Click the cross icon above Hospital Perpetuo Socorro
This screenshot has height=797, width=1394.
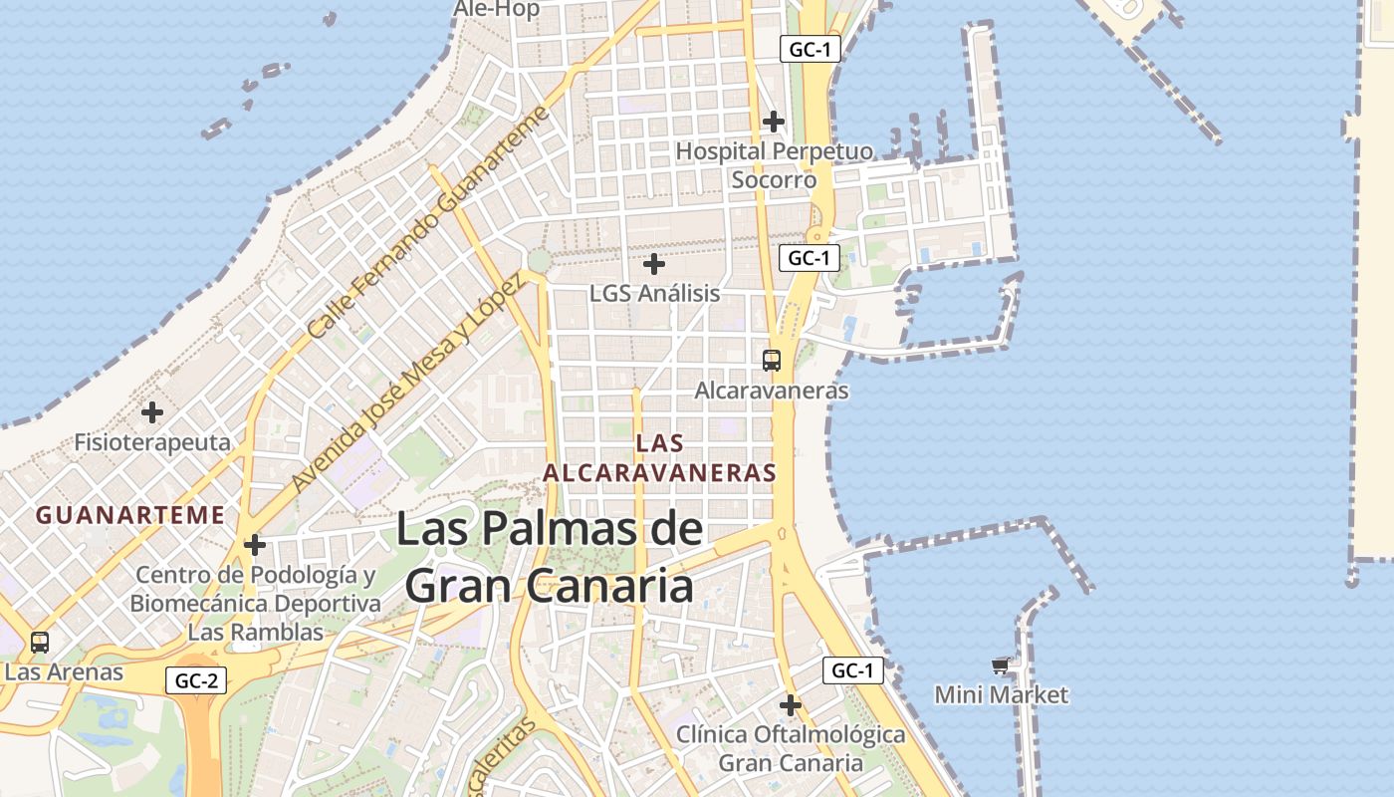[x=773, y=122]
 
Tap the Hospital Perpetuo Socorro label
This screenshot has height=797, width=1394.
[x=774, y=165]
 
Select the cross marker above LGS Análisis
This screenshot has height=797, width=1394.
[x=654, y=264]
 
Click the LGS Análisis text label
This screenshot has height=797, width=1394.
[x=654, y=294]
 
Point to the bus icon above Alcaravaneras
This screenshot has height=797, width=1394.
[x=772, y=360]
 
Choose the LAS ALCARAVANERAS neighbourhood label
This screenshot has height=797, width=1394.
[x=659, y=457]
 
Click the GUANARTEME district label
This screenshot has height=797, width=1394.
[x=129, y=515]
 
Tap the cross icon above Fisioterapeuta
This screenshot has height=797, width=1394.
[x=152, y=411]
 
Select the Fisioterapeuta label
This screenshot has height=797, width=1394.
[x=152, y=442]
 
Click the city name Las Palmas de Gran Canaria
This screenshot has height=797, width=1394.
[x=550, y=557]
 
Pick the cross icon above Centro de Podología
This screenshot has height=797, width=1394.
[x=255, y=545]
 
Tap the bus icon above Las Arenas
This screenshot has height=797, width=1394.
[x=40, y=643]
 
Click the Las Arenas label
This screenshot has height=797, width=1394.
[x=64, y=671]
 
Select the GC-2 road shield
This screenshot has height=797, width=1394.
[x=196, y=681]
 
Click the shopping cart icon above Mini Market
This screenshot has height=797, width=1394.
[x=1001, y=664]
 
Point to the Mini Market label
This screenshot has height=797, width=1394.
[x=1001, y=694]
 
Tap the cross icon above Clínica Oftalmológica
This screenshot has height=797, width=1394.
[x=791, y=705]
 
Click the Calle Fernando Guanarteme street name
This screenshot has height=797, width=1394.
[x=428, y=222]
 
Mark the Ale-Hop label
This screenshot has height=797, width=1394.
[x=497, y=9]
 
